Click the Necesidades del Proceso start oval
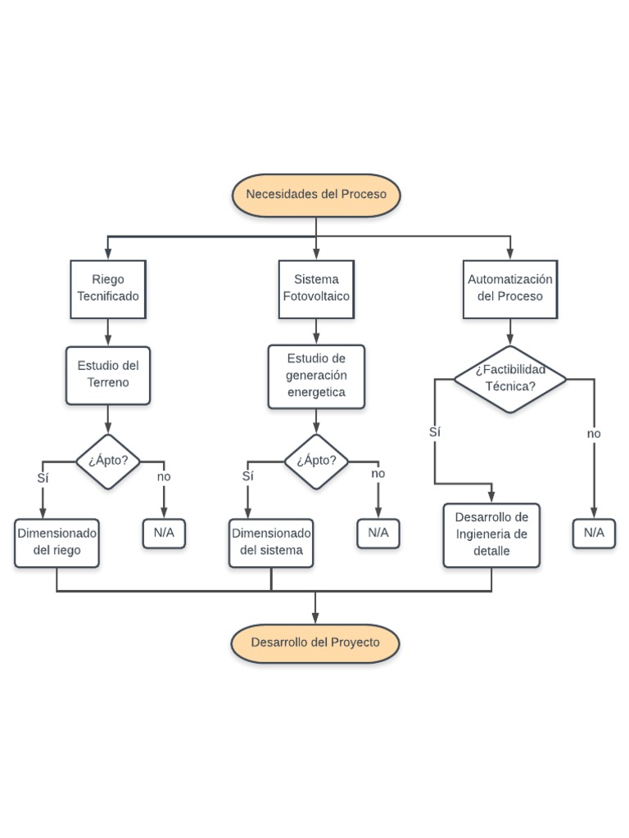coord(316,195)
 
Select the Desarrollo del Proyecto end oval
coord(315,643)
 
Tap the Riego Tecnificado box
coord(108,289)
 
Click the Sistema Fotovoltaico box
coord(316,289)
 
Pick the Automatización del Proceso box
coord(510,289)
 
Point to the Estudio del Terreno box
coord(108,375)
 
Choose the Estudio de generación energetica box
coord(316,376)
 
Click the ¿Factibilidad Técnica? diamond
coord(510,378)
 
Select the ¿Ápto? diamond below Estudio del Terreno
coord(108,461)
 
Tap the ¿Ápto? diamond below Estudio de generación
coord(316,461)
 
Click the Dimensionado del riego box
coord(57,542)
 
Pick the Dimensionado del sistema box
coord(271,542)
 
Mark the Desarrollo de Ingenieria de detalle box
coord(491,535)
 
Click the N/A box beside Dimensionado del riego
coord(164,534)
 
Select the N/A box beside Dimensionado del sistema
coord(378,534)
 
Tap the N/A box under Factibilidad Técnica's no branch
coord(594,534)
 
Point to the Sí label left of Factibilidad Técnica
coord(435,432)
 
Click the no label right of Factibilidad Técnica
coord(594,434)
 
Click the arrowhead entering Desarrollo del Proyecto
coord(315,619)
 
